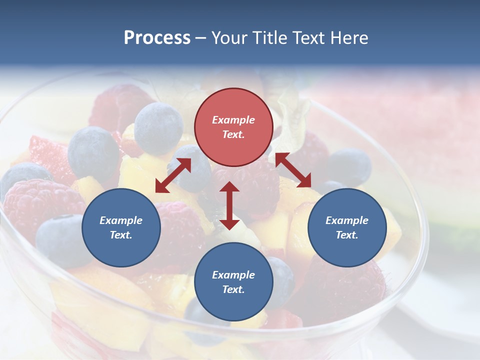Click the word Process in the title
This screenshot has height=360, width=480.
[x=157, y=38]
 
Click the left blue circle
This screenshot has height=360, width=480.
[x=121, y=228]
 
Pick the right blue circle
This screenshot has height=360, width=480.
[x=347, y=228]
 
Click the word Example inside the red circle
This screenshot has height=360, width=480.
[x=233, y=120]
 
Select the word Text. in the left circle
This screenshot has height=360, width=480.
[x=121, y=235]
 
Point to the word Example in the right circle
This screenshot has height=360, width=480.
[x=347, y=220]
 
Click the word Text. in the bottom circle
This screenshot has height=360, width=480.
[x=233, y=290]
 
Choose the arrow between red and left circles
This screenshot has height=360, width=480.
[x=173, y=175]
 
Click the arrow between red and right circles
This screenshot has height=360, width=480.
[x=293, y=170]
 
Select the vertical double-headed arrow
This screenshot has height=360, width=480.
[x=229, y=205]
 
